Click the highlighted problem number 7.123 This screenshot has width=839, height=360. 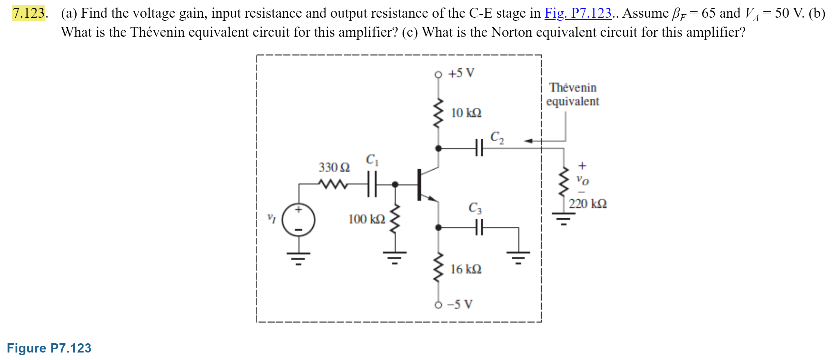pyautogui.click(x=29, y=13)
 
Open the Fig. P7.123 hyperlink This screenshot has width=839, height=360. pyautogui.click(x=578, y=13)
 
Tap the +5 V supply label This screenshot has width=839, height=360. pyautogui.click(x=461, y=73)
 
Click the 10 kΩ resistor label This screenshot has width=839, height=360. pyautogui.click(x=466, y=113)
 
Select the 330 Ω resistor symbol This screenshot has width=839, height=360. pyautogui.click(x=333, y=184)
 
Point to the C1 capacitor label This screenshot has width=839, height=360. pyautogui.click(x=372, y=160)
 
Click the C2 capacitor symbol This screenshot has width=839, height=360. pyautogui.click(x=479, y=148)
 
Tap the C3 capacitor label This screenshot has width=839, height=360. pyautogui.click(x=475, y=208)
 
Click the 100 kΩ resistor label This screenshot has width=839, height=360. pyautogui.click(x=367, y=219)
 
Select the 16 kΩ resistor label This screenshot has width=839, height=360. pyautogui.click(x=466, y=269)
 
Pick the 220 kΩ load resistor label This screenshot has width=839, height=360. pyautogui.click(x=588, y=204)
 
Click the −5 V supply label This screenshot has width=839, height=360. pyautogui.click(x=460, y=304)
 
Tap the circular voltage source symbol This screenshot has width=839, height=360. pyautogui.click(x=299, y=220)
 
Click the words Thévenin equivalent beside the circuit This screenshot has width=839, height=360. pyautogui.click(x=573, y=94)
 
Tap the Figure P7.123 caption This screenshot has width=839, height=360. pyautogui.click(x=49, y=348)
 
